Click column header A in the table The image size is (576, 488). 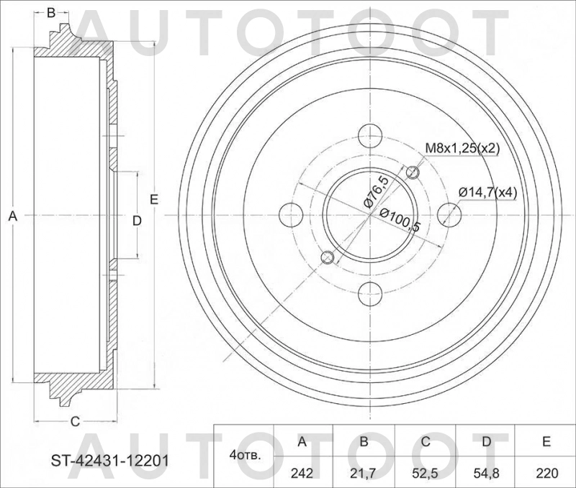pyautogui.click(x=302, y=441)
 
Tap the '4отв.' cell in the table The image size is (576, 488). pyautogui.click(x=245, y=455)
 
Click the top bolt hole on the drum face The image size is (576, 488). pyautogui.click(x=369, y=134)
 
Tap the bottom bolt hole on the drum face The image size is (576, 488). pyautogui.click(x=369, y=293)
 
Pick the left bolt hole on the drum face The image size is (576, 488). pyautogui.click(x=290, y=213)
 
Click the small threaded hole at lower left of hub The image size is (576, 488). pyautogui.click(x=326, y=257)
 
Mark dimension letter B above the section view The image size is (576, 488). pyautogui.click(x=51, y=12)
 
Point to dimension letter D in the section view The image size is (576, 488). pyautogui.click(x=136, y=220)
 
